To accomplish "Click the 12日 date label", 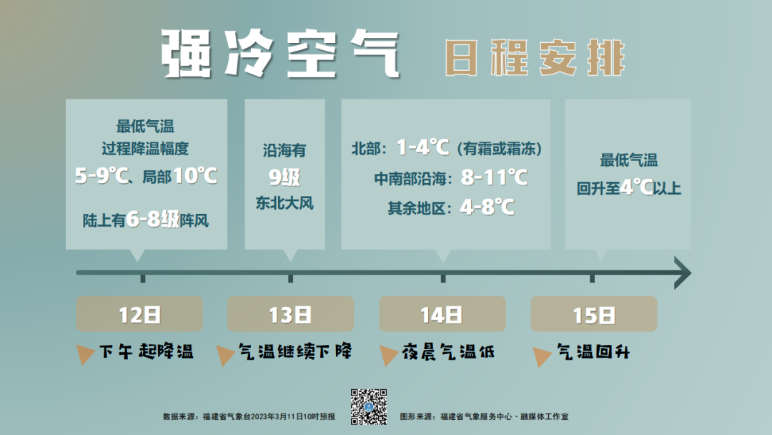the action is coord(139,314).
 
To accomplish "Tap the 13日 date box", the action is coord(290,314).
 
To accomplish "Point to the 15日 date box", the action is coord(594,314).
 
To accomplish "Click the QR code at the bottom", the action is coord(369,407).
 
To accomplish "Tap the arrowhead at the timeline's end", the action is coord(683,273).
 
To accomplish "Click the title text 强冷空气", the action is coord(281,53).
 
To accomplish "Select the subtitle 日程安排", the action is coord(535,58).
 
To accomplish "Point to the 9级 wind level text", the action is coord(284,177).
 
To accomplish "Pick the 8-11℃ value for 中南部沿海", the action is coord(495,177).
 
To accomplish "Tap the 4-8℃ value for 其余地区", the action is coord(488,207).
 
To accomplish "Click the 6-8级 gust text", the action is coord(153,219).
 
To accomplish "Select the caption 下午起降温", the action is coord(147,352).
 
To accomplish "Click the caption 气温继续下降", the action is coord(295,352).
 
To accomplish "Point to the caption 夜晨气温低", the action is coord(448,352).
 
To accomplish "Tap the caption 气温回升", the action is coord(593,352).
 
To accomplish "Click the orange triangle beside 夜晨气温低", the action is coord(388,355).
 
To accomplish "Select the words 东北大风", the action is coord(284,202).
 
